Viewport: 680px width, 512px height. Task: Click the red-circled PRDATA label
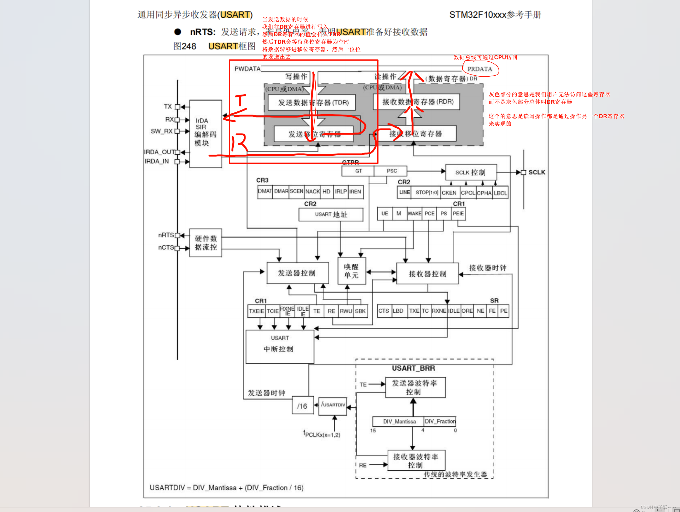[x=480, y=69]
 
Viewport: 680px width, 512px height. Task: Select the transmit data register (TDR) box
[x=311, y=102]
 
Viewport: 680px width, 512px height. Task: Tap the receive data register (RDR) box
[x=417, y=102]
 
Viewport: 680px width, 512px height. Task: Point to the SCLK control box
[x=470, y=173]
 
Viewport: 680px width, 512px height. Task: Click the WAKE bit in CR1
[x=414, y=214]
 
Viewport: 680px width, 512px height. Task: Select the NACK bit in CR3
[x=312, y=191]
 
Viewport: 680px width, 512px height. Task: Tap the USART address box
[x=331, y=214]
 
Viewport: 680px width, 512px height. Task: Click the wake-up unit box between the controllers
[x=351, y=271]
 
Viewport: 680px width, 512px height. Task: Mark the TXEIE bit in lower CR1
[x=256, y=311]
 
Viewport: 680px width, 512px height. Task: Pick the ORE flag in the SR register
[x=467, y=311]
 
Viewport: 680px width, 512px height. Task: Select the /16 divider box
[x=302, y=406]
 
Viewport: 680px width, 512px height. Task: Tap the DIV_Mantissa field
[x=399, y=421]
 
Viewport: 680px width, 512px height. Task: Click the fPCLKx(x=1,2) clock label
[x=322, y=434]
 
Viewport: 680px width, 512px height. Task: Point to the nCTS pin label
[x=166, y=247]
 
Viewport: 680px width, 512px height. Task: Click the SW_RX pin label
[x=162, y=131]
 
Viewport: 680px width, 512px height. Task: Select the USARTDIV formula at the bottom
[x=226, y=488]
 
